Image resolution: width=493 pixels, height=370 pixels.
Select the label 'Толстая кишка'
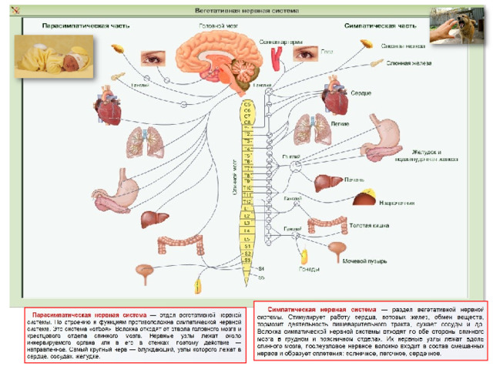pyautogui.click(x=367, y=227)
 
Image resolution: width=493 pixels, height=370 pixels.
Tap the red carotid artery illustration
pyautogui.click(x=278, y=53)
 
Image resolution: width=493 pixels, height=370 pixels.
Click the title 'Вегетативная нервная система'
pyautogui.click(x=244, y=11)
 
